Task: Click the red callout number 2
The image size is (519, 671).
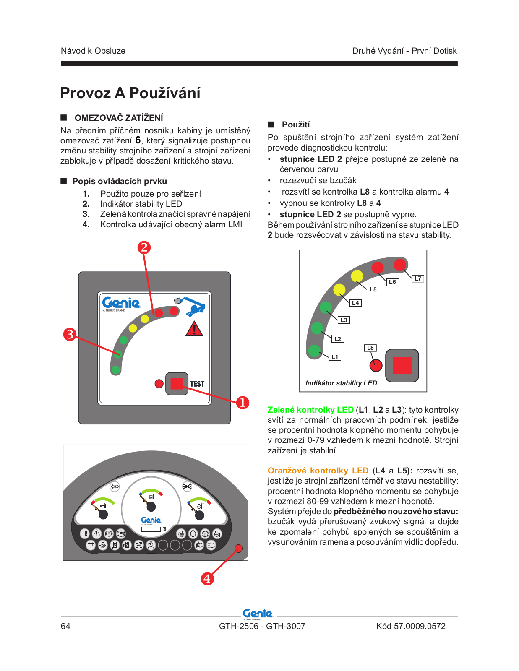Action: click(x=144, y=247)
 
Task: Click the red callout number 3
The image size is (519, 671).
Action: click(x=70, y=334)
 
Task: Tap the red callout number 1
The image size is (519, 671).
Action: click(x=243, y=403)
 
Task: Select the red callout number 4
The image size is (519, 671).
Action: click(x=207, y=579)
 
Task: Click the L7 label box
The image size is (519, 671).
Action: click(x=417, y=278)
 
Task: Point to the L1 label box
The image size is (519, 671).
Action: click(x=335, y=357)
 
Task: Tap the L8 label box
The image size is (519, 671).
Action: click(x=370, y=348)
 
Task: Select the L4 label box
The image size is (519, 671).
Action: click(x=355, y=303)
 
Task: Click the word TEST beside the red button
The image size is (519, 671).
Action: click(x=197, y=384)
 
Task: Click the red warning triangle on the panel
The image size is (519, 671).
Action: click(x=194, y=329)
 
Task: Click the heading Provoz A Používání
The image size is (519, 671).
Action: click(x=130, y=93)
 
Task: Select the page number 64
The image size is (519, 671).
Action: click(x=66, y=626)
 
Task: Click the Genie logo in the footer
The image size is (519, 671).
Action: click(x=258, y=614)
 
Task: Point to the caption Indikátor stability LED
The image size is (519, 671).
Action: click(x=341, y=383)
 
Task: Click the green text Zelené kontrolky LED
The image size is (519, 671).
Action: click(x=310, y=410)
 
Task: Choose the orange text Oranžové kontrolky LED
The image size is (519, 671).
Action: click(x=318, y=471)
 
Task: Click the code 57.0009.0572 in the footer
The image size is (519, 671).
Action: click(x=419, y=626)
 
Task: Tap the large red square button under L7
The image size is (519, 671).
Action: click(x=402, y=365)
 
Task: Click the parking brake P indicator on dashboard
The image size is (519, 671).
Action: click(x=121, y=533)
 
